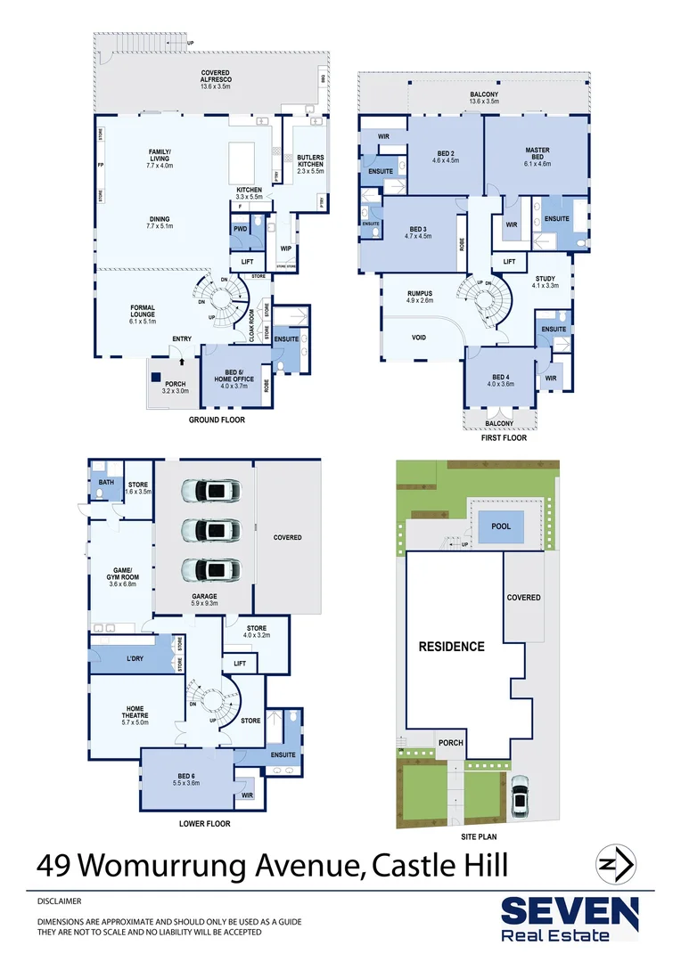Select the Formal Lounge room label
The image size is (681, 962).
tap(143, 314)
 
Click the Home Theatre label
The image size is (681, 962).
tap(135, 713)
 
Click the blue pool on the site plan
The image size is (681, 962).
tap(501, 526)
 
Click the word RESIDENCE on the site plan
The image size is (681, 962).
tap(452, 647)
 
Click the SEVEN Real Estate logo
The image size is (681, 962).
tap(569, 918)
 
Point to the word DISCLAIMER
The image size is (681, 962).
tap(61, 901)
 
